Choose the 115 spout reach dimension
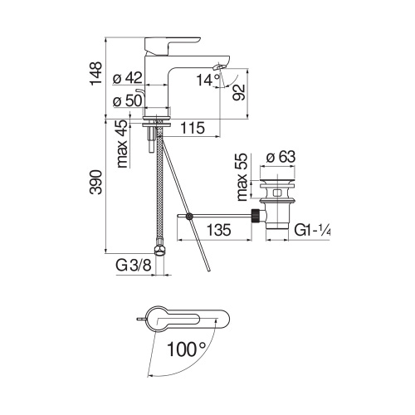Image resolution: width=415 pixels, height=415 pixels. pyautogui.click(x=193, y=128)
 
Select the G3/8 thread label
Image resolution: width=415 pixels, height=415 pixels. pyautogui.click(x=132, y=267)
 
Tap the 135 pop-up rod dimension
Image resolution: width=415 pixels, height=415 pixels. pyautogui.click(x=218, y=231)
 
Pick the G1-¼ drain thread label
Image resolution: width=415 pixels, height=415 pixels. pyautogui.click(x=313, y=233)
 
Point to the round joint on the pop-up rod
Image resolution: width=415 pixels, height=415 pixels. pyautogui.click(x=190, y=217)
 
